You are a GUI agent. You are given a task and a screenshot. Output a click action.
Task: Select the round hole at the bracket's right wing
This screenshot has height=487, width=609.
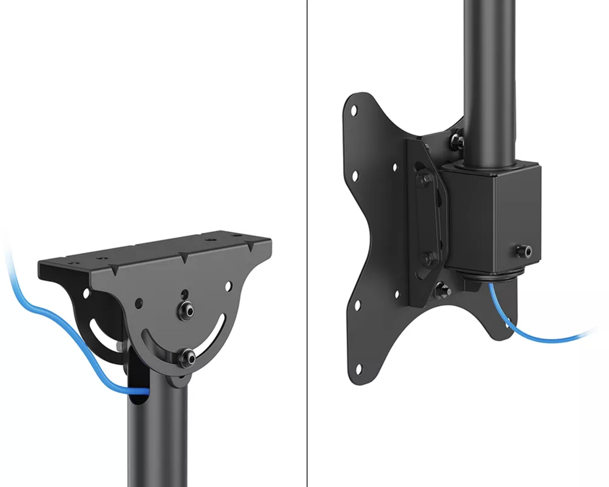(x=228, y=286)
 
